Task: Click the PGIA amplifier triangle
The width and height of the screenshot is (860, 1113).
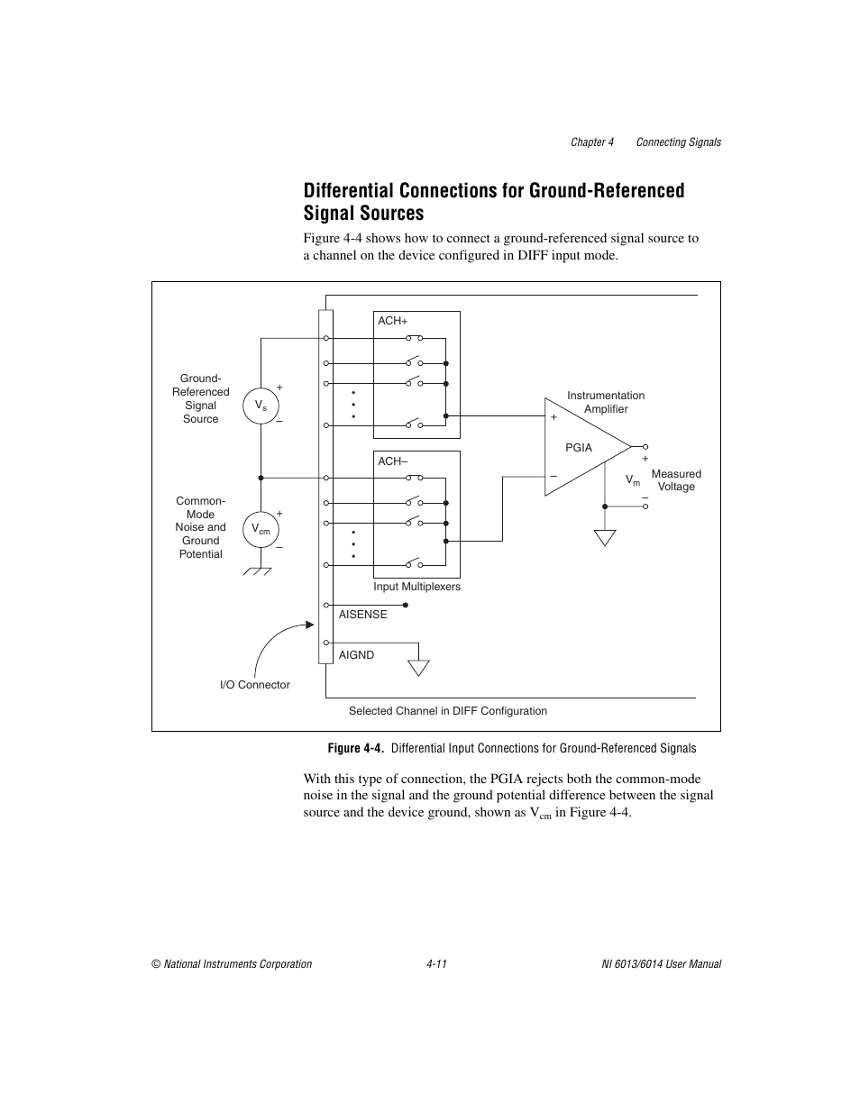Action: click(581, 447)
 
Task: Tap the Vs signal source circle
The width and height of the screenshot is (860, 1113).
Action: click(261, 406)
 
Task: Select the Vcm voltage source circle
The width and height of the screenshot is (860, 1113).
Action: click(261, 529)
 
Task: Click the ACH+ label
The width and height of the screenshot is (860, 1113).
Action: click(392, 321)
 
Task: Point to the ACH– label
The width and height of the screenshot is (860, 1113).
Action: click(392, 461)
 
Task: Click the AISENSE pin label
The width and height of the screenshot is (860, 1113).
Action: click(362, 615)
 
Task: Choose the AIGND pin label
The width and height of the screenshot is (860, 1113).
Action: click(356, 655)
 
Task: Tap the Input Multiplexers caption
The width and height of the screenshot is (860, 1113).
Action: click(416, 587)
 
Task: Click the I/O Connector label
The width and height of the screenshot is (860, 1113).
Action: click(255, 685)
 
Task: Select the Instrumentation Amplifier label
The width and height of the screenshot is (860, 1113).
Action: click(606, 402)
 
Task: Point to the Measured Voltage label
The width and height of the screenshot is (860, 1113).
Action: click(676, 480)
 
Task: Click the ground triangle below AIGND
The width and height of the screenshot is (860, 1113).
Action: click(418, 668)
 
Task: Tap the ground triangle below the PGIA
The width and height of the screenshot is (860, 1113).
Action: click(605, 538)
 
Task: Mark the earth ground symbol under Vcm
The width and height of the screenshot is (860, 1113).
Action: click(261, 571)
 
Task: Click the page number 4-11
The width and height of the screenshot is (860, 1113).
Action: click(437, 964)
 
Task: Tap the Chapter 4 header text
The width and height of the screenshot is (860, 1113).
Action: click(591, 142)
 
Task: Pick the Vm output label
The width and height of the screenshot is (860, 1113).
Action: click(633, 481)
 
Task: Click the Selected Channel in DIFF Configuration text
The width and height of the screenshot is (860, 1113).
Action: click(447, 711)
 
